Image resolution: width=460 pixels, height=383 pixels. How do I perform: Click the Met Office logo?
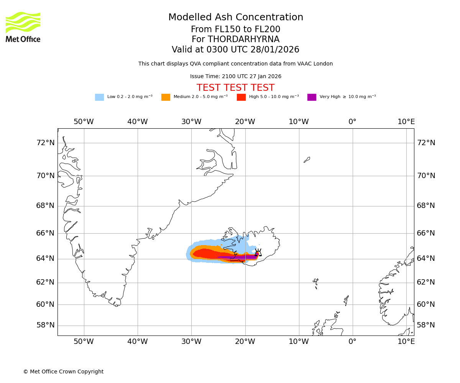click(23, 27)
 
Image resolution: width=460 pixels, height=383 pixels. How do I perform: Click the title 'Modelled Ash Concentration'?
click(236, 18)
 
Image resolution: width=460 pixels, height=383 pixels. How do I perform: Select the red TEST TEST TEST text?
click(235, 88)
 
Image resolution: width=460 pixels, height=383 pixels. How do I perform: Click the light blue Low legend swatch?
click(99, 97)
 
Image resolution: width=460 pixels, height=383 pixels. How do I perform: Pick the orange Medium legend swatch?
click(166, 97)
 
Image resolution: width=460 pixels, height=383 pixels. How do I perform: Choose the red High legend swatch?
click(241, 97)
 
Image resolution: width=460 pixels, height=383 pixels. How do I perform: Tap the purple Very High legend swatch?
click(312, 97)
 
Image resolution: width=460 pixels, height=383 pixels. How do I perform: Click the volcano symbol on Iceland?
click(258, 253)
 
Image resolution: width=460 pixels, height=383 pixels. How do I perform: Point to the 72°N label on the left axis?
click(45, 143)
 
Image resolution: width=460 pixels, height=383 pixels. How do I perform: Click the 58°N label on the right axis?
click(426, 325)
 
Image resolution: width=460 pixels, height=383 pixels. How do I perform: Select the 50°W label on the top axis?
click(84, 122)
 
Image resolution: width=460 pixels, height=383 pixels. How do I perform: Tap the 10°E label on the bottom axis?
click(406, 342)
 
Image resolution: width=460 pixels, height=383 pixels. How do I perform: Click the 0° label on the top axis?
click(352, 122)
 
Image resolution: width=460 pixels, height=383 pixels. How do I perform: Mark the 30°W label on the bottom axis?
click(191, 342)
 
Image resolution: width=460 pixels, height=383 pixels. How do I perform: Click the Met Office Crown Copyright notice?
click(63, 372)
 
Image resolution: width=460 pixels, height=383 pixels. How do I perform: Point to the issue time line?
click(235, 77)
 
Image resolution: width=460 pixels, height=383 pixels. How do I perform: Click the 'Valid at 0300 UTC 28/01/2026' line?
click(235, 50)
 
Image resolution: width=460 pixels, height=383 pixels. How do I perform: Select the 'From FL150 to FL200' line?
click(235, 29)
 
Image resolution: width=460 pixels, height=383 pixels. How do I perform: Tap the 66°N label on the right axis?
click(426, 233)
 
